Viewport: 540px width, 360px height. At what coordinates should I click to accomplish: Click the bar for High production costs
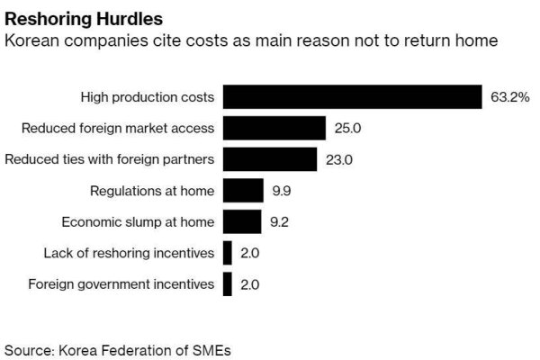pyautogui.click(x=352, y=96)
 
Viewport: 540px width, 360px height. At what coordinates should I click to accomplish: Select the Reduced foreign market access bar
pyautogui.click(x=274, y=128)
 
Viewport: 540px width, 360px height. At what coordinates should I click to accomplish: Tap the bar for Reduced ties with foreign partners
pyautogui.click(x=270, y=159)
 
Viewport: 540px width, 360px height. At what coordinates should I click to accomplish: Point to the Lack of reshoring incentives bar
pyautogui.click(x=228, y=253)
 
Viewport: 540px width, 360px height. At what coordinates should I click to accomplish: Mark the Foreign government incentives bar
pyautogui.click(x=228, y=284)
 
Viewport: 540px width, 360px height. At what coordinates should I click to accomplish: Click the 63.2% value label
pyautogui.click(x=509, y=96)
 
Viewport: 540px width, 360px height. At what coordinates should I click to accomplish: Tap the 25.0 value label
pyautogui.click(x=347, y=128)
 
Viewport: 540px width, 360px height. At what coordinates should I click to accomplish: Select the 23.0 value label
pyautogui.click(x=338, y=159)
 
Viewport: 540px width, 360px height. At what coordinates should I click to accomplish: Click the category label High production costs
pyautogui.click(x=147, y=96)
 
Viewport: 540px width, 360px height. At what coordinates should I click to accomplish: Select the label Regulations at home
pyautogui.click(x=152, y=191)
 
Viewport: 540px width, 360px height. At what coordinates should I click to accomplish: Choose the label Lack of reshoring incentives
pyautogui.click(x=129, y=253)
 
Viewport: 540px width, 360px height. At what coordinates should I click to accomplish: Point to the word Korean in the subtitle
pyautogui.click(x=31, y=41)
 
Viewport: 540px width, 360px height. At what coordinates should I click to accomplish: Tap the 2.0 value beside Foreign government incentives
pyautogui.click(x=250, y=284)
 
